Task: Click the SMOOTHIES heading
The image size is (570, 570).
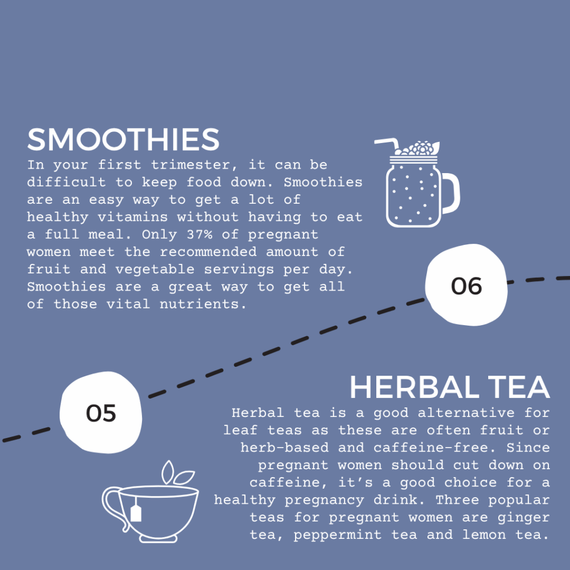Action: pyautogui.click(x=123, y=139)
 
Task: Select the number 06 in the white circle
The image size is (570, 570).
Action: pyautogui.click(x=466, y=286)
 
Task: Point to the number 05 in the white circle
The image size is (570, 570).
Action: pyautogui.click(x=101, y=414)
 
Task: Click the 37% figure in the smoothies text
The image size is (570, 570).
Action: pyautogui.click(x=200, y=234)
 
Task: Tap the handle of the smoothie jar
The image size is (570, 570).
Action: pyautogui.click(x=451, y=193)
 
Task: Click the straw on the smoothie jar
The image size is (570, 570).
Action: pyautogui.click(x=387, y=144)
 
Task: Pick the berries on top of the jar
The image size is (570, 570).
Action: pyautogui.click(x=418, y=148)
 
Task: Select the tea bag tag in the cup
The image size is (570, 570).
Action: pyautogui.click(x=136, y=513)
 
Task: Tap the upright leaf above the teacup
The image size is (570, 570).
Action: pyautogui.click(x=168, y=472)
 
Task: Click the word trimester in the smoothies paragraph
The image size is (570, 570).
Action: pyautogui.click(x=195, y=165)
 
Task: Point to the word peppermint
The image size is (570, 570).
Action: pyautogui.click(x=337, y=535)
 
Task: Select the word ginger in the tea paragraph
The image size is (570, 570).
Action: pyautogui.click(x=523, y=518)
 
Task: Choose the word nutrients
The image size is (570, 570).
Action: pyautogui.click(x=203, y=304)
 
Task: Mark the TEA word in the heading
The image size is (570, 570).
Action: pyautogui.click(x=519, y=387)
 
